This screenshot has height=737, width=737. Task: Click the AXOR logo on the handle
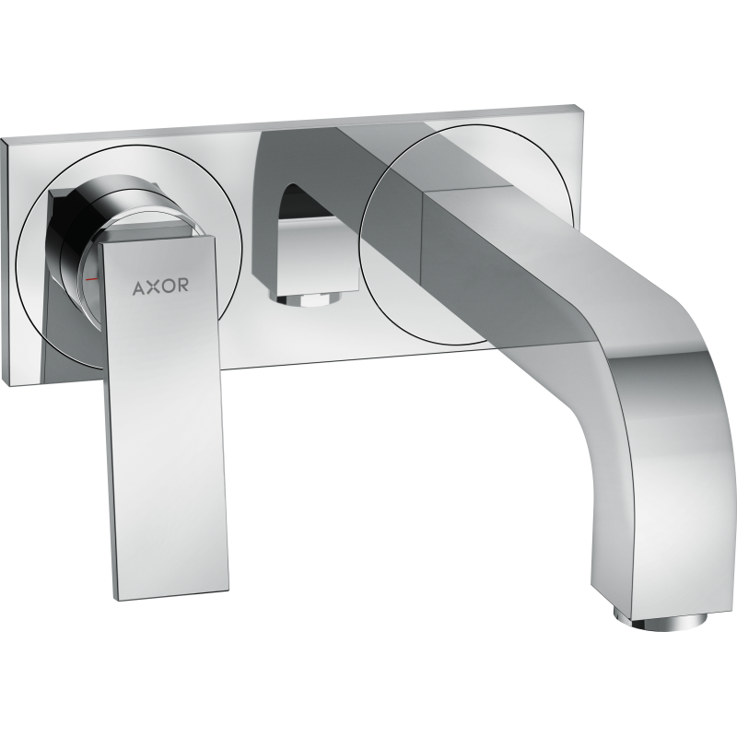coord(160,287)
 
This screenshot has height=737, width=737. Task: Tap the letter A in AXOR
coord(140,287)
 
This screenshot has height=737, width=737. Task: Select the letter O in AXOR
coord(168,286)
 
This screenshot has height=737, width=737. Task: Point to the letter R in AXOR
coord(183,285)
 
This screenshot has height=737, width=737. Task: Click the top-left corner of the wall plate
coord(1,139)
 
